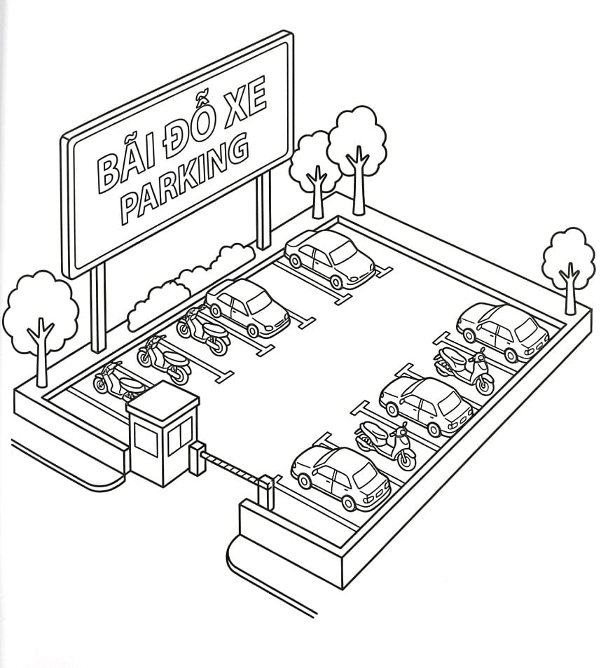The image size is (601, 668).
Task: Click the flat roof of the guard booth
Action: pyautogui.click(x=163, y=401)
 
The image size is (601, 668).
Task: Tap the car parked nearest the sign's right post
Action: pyautogui.click(x=329, y=259)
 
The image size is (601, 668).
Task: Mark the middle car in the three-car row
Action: pyautogui.click(x=426, y=406)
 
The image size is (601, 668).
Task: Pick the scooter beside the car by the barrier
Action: pyautogui.click(x=385, y=445)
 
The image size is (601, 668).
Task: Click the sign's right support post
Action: pyautogui.click(x=264, y=209)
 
